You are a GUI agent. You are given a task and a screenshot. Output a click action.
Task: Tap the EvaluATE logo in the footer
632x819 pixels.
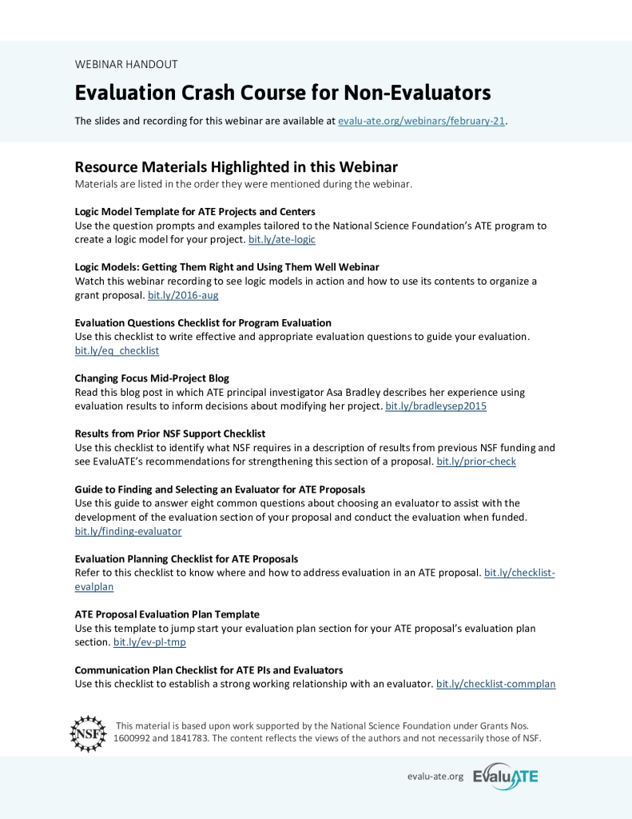pyautogui.click(x=506, y=776)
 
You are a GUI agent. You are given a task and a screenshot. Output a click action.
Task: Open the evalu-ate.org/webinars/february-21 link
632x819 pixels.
pyautogui.click(x=422, y=121)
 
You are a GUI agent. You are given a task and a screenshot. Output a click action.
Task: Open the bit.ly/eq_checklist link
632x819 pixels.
pyautogui.click(x=117, y=350)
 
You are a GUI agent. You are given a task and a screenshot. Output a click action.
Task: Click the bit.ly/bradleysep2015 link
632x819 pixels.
pyautogui.click(x=435, y=406)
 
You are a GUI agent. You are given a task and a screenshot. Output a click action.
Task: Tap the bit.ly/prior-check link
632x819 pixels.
pyautogui.click(x=476, y=461)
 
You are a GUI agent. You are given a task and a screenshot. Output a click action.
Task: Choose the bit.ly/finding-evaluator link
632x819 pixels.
pyautogui.click(x=128, y=530)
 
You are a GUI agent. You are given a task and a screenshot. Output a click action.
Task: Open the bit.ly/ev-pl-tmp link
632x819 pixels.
pyautogui.click(x=149, y=641)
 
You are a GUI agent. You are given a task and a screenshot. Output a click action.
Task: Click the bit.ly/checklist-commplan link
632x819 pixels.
pyautogui.click(x=495, y=684)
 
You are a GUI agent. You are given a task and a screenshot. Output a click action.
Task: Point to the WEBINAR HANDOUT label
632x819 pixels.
pyautogui.click(x=126, y=64)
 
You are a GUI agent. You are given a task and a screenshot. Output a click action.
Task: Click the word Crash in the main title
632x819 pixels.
pyautogui.click(x=210, y=93)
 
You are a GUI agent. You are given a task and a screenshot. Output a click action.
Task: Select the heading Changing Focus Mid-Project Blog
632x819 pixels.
pyautogui.click(x=152, y=378)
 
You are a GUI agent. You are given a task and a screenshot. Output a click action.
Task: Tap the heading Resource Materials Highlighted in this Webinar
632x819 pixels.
pyautogui.click(x=236, y=167)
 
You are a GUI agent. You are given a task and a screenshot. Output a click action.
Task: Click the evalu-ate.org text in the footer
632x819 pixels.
pyautogui.click(x=435, y=777)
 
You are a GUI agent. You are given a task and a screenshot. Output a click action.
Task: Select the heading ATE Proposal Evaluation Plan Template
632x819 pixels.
pyautogui.click(x=167, y=613)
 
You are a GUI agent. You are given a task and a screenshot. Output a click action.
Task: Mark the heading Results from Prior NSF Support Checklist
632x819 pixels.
pyautogui.click(x=170, y=433)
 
